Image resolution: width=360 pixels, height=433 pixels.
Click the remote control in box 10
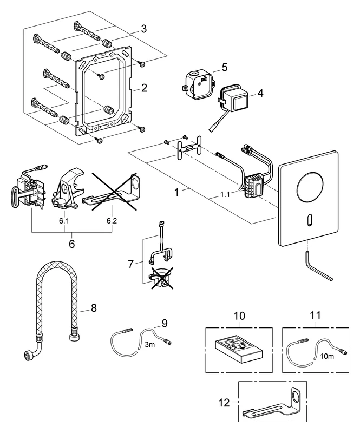pos(239,350)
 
